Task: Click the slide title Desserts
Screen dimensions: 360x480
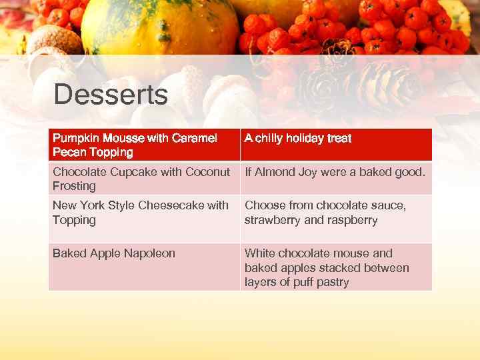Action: [111, 95]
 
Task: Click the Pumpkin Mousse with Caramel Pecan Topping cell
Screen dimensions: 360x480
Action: [143, 145]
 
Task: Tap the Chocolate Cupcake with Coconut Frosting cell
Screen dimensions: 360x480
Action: [143, 179]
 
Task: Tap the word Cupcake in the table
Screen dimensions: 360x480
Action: [137, 172]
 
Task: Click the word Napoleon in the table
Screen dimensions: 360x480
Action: [149, 253]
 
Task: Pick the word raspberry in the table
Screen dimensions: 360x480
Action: [353, 220]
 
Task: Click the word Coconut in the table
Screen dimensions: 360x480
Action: [207, 172]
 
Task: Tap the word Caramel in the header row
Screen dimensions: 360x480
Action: [194, 139]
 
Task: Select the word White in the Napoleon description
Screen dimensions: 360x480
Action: [259, 253]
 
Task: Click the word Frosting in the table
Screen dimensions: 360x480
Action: [74, 186]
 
